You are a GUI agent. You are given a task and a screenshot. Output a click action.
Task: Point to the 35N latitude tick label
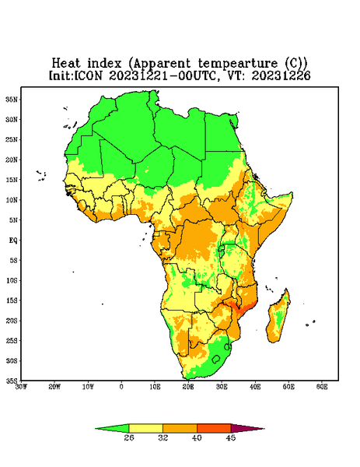click(12, 99)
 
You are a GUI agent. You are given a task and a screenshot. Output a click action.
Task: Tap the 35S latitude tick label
click(12, 381)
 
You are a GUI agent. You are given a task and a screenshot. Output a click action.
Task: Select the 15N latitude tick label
click(12, 180)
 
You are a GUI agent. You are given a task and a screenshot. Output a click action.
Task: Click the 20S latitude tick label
click(12, 321)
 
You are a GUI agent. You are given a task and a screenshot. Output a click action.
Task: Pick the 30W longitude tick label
click(21, 387)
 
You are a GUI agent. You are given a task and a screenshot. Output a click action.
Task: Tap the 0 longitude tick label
click(121, 387)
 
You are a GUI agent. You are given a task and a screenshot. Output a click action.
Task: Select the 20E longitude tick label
click(188, 387)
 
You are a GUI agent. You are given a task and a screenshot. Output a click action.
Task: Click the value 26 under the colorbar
click(129, 437)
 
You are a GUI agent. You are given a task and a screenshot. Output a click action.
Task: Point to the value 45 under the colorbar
click(231, 437)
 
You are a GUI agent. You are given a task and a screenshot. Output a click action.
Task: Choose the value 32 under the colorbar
click(163, 437)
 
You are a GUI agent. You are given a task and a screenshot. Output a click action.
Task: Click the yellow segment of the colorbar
click(145, 428)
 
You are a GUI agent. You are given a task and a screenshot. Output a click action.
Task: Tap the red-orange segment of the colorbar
click(214, 428)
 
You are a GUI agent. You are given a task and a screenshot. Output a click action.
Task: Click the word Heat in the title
click(66, 63)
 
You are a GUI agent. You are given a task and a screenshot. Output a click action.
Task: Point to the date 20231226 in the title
click(281, 75)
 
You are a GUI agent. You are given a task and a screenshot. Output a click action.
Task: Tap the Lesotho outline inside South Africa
click(216, 359)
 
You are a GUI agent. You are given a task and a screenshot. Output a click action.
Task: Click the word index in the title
click(104, 63)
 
